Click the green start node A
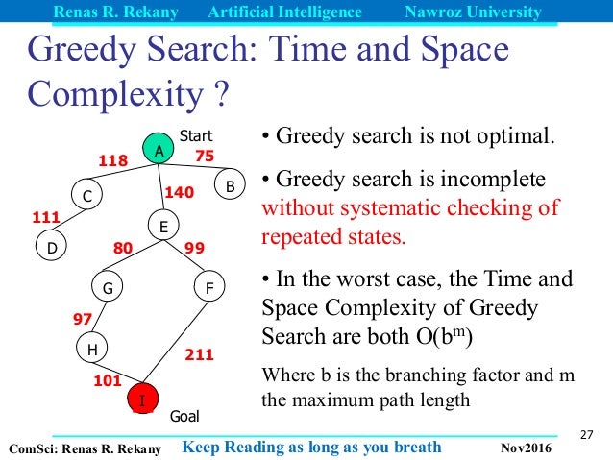159,150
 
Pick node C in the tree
86,196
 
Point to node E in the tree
163,227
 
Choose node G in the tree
108,286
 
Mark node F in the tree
208,286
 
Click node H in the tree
91,350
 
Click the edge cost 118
112,160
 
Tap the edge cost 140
180,192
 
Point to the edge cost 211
199,355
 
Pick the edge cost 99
194,248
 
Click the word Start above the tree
195,135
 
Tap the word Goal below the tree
184,417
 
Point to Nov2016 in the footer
527,448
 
